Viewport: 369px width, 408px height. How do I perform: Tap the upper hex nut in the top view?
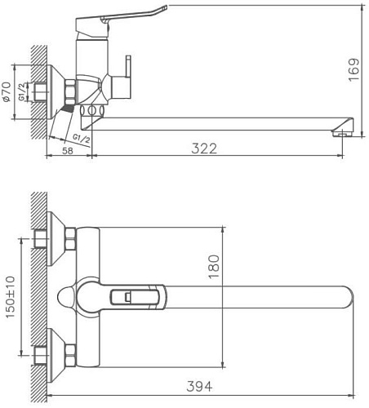point(69,240)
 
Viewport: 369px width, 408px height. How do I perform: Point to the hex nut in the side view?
point(69,91)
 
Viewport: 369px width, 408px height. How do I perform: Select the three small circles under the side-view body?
point(94,108)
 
